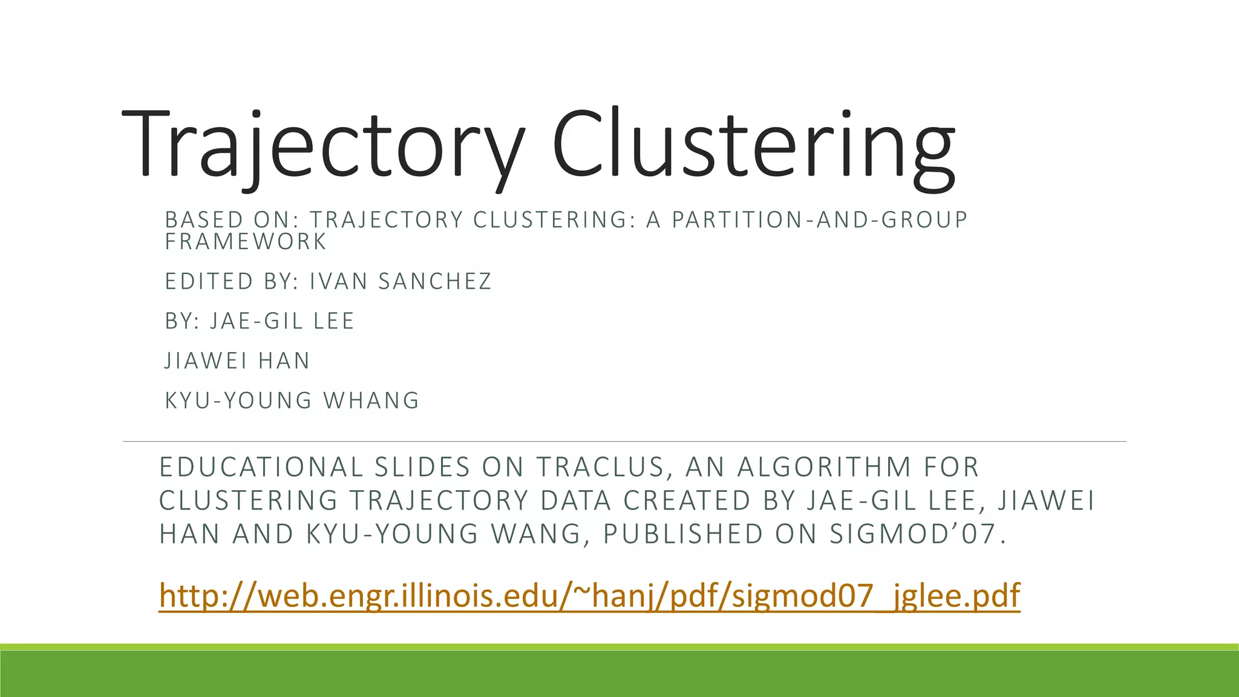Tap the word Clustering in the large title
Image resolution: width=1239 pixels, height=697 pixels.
pos(753,145)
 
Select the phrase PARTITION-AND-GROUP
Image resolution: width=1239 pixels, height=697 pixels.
pos(820,220)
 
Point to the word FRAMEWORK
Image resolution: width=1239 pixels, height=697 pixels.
pos(246,242)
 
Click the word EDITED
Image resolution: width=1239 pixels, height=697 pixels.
pos(209,282)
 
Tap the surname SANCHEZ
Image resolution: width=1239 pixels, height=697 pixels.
pos(435,282)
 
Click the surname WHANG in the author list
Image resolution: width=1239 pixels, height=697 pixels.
pos(371,401)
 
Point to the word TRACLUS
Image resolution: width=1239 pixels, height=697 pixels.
pos(600,468)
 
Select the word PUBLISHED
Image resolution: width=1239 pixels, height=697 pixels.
pos(684,534)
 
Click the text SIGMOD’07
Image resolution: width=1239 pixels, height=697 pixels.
pos(917,534)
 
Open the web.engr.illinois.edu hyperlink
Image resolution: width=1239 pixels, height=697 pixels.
pos(589,596)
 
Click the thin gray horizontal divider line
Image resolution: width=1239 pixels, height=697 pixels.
pos(623,442)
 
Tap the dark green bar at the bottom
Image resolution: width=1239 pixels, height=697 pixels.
pos(619,674)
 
